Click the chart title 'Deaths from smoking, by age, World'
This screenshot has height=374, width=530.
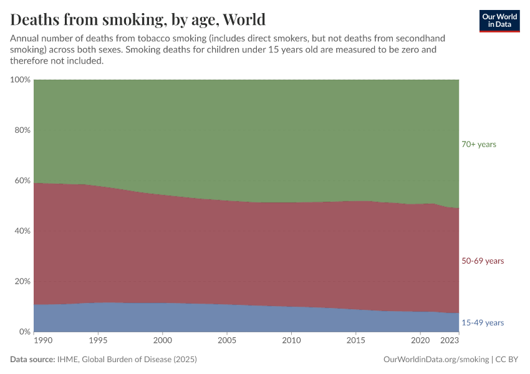[x=138, y=19]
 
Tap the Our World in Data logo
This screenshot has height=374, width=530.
[x=499, y=21]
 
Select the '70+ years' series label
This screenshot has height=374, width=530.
[x=478, y=145]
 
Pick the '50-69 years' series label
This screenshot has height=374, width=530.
[x=482, y=261]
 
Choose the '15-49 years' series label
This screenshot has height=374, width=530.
[x=482, y=323]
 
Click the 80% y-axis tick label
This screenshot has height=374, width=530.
[x=22, y=130]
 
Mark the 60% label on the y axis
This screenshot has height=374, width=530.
[x=22, y=181]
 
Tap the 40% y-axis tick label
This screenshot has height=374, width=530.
[x=22, y=231]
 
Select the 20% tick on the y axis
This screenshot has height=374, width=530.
[x=22, y=282]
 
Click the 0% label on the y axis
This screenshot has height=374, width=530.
[x=24, y=332]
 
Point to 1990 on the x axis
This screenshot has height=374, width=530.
[x=42, y=341]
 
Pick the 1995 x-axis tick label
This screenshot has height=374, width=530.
[x=98, y=341]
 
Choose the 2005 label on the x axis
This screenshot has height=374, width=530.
[x=227, y=341]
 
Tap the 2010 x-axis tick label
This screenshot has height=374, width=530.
[x=291, y=341]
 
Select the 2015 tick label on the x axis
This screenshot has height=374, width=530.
[x=355, y=341]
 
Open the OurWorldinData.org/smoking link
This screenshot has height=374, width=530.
[x=436, y=360]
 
